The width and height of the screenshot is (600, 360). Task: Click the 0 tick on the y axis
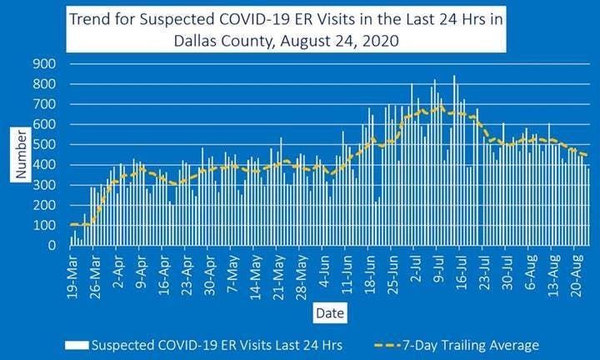coord(51,246)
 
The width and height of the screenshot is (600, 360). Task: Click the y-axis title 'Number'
coord(22,155)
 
